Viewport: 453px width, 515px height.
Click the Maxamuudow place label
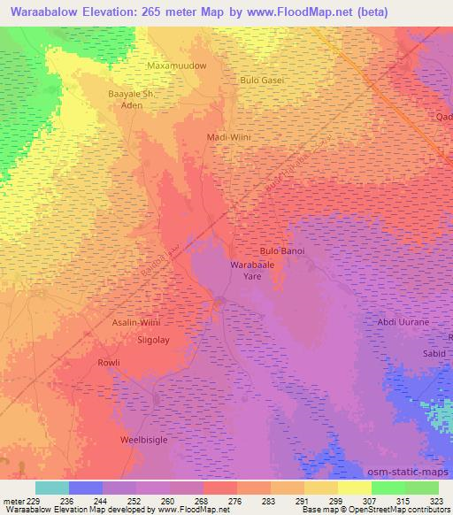176,66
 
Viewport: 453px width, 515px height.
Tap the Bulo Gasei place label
262,80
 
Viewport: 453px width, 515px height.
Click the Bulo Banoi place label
281,251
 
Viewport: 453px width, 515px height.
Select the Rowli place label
108,363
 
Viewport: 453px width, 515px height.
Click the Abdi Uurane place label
403,322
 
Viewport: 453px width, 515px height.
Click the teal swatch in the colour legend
52,488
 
